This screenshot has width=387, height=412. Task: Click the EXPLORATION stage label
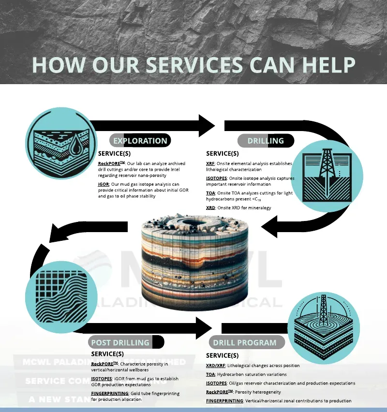(x=140, y=141)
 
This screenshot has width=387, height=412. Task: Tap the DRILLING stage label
(x=266, y=141)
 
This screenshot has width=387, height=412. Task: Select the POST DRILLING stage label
(x=120, y=342)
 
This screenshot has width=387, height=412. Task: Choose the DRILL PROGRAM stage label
(x=245, y=342)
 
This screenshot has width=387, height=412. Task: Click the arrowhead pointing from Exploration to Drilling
(x=207, y=126)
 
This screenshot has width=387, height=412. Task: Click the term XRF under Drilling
(x=210, y=163)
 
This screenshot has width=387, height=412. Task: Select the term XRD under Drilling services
(x=211, y=207)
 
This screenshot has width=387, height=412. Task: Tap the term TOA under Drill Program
(x=210, y=374)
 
